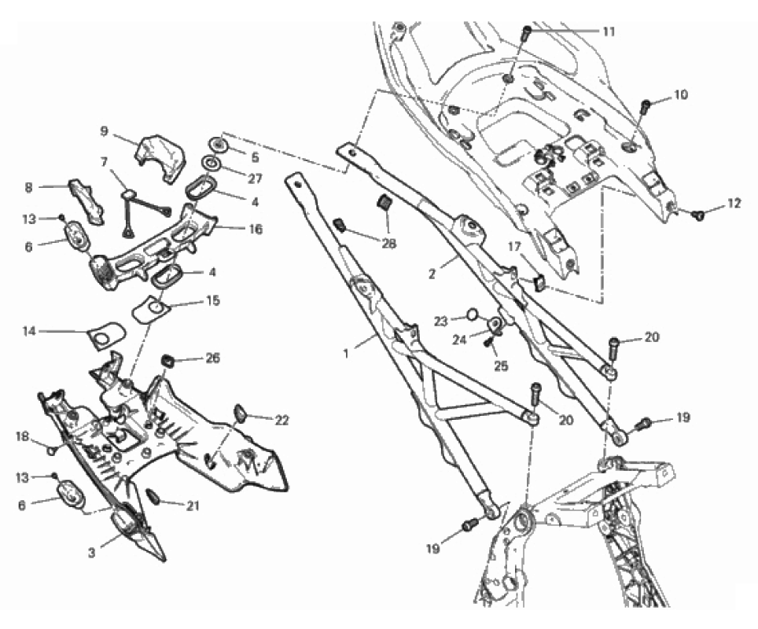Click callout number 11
coord(609,32)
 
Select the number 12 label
coord(734,204)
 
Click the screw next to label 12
coord(697,215)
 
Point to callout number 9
coord(105,131)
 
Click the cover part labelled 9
coord(160,156)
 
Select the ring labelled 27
coord(212,164)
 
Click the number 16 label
coord(256,229)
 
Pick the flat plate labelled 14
coord(107,335)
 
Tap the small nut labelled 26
coord(167,361)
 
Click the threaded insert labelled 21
coord(151,496)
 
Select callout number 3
coord(92,552)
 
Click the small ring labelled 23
coord(473,316)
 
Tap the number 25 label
coord(501,366)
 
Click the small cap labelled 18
coord(50,451)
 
